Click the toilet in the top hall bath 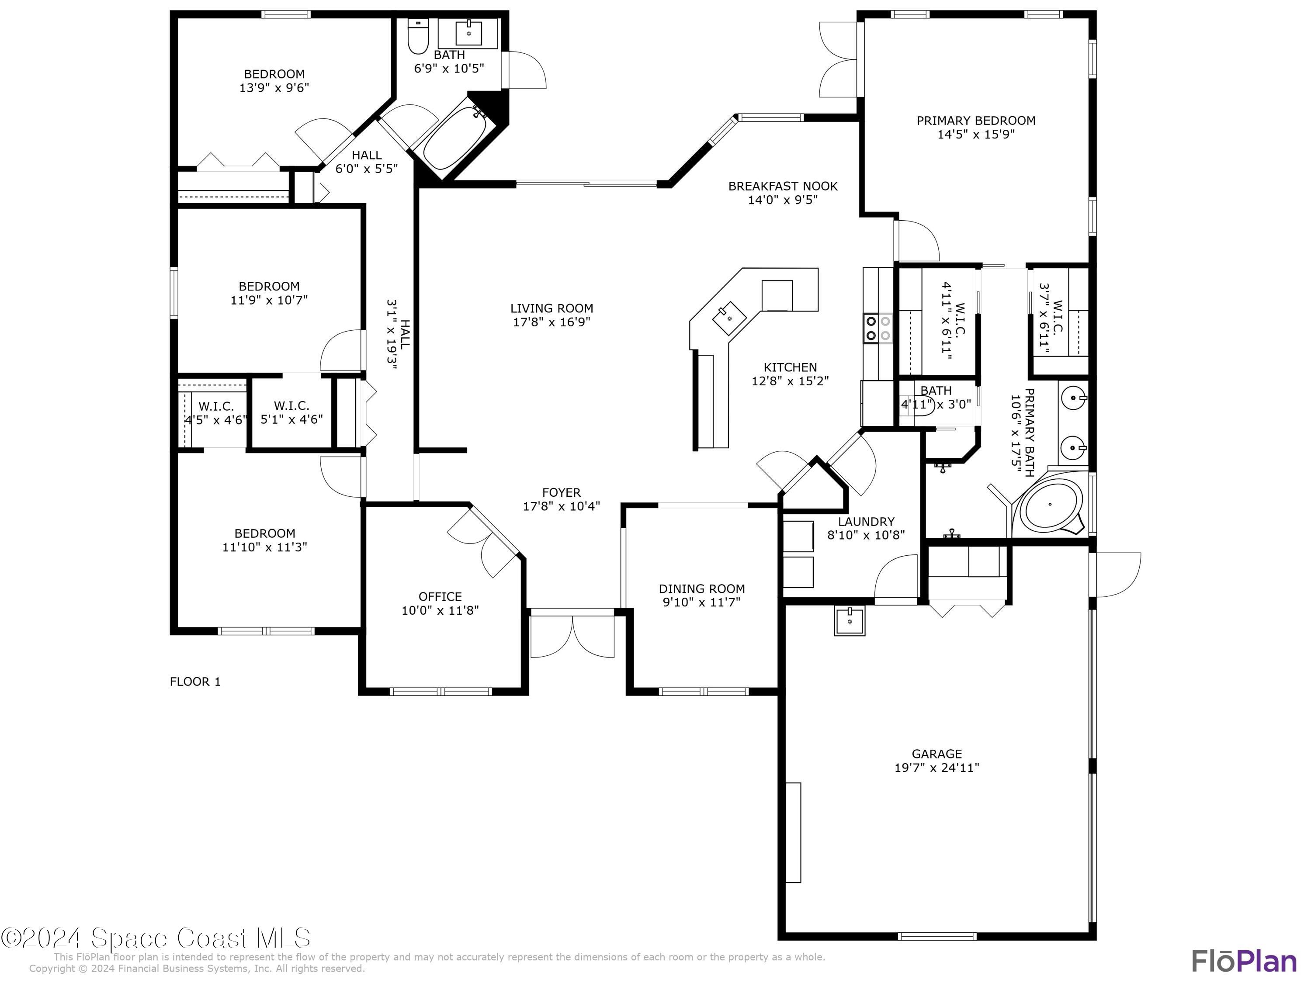(x=419, y=37)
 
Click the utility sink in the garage (x=849, y=620)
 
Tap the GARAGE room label (x=936, y=754)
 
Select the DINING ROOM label (x=702, y=588)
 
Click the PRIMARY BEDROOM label (x=975, y=120)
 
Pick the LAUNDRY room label (x=866, y=521)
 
